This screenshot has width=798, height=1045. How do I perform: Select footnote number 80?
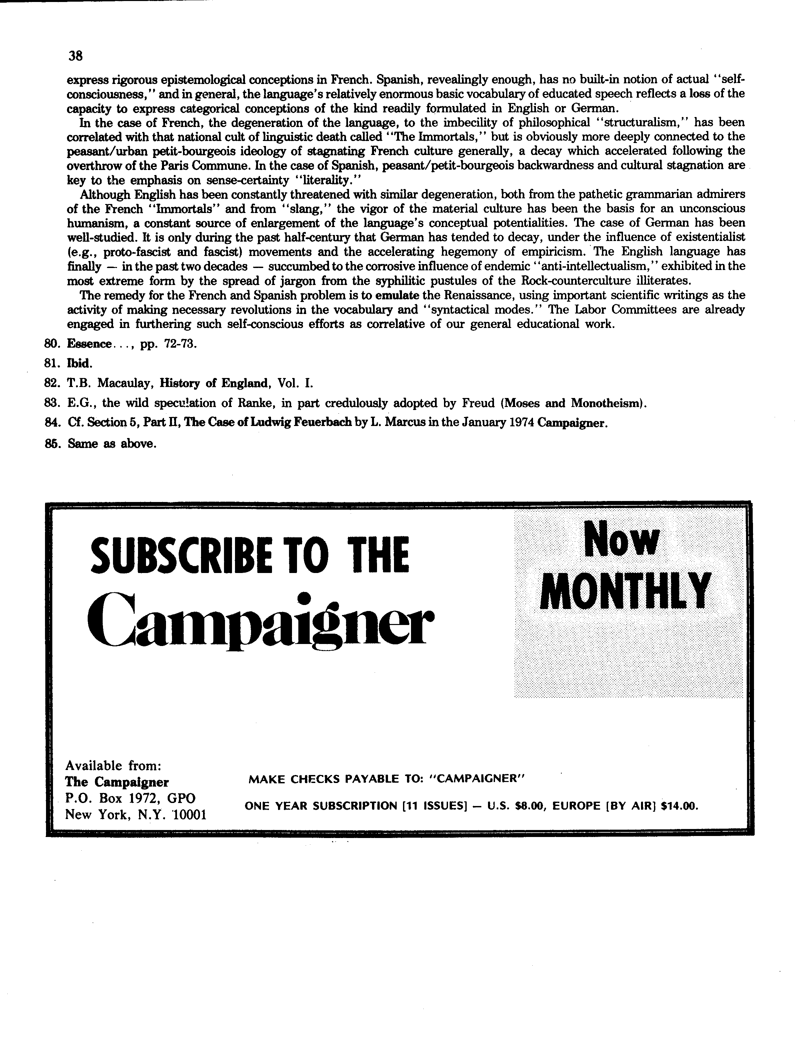[50, 344]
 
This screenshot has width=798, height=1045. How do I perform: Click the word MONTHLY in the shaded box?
[626, 591]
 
